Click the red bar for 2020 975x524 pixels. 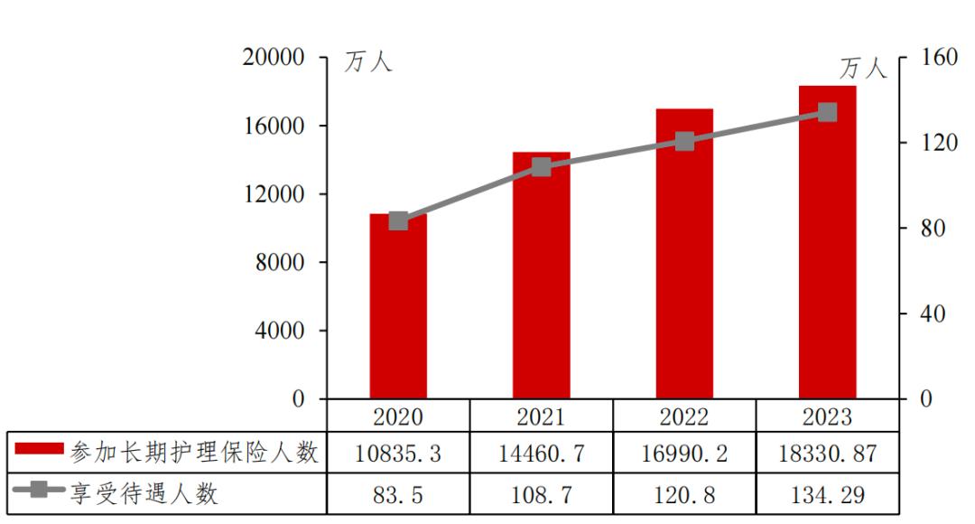[x=398, y=307]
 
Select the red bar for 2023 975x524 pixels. [x=827, y=244]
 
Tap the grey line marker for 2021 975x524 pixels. [x=541, y=167]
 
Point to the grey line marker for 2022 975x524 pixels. [x=684, y=141]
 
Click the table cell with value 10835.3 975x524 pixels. [x=398, y=454]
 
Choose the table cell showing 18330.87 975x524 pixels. [x=828, y=454]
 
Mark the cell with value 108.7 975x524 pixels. [x=541, y=495]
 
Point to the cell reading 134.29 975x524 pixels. [x=828, y=495]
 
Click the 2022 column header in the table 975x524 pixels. [x=684, y=416]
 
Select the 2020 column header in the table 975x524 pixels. [x=398, y=416]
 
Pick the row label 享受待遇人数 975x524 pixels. [x=144, y=495]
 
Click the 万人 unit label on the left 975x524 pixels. [x=368, y=62]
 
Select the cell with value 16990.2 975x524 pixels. [x=684, y=454]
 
